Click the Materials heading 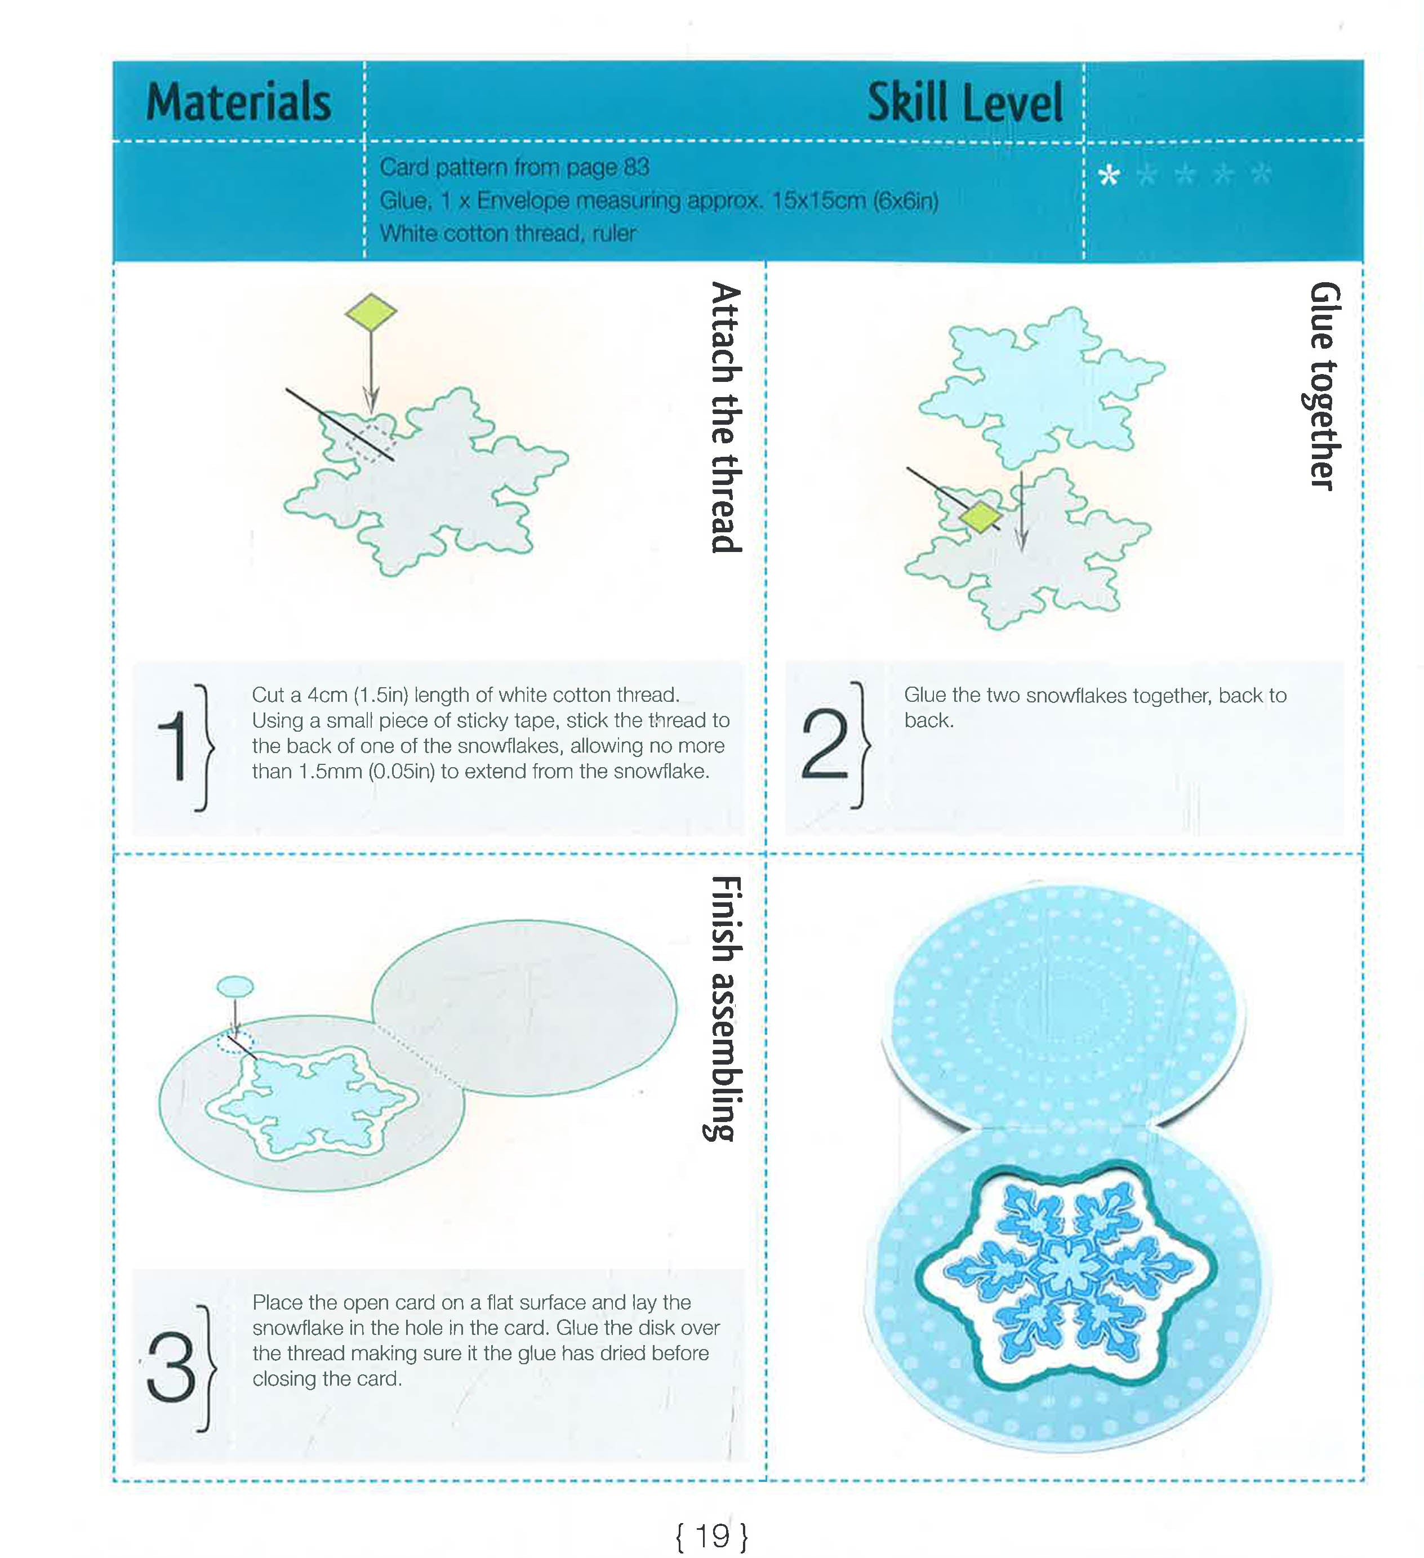click(239, 102)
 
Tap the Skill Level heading click(964, 103)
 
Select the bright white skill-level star click(1109, 175)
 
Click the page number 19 click(711, 1535)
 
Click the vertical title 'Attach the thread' click(726, 417)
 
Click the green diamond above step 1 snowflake click(371, 312)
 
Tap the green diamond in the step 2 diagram click(980, 517)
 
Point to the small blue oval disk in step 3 click(235, 986)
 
